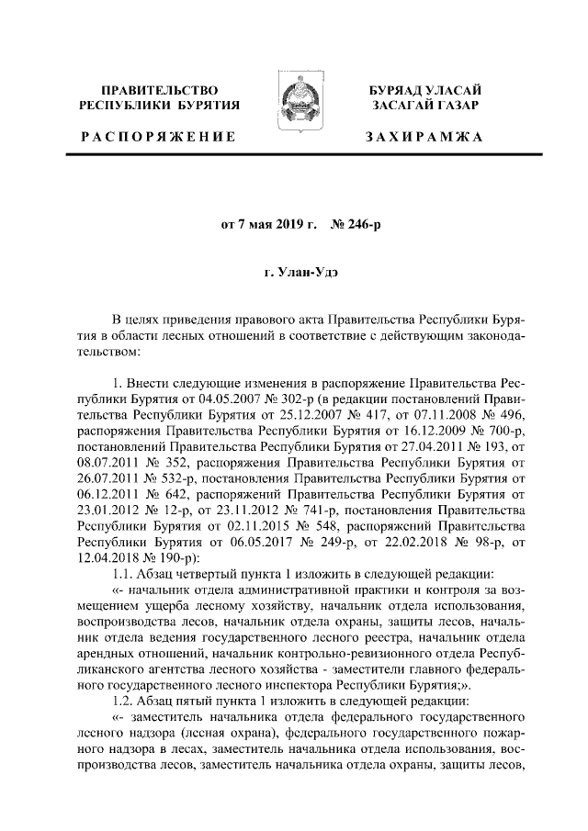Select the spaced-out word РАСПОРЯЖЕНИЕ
click(155, 137)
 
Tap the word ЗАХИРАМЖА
click(424, 137)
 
